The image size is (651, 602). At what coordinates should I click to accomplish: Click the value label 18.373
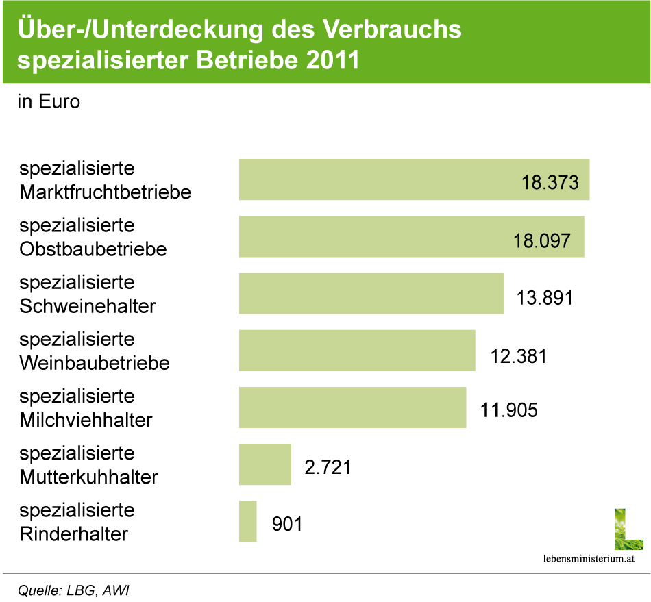[550, 184]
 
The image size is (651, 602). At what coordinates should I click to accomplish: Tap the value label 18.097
[541, 240]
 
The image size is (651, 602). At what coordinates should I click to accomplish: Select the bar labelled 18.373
[377, 179]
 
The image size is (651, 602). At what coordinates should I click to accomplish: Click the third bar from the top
[371, 294]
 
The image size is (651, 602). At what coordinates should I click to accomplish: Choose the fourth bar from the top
[357, 351]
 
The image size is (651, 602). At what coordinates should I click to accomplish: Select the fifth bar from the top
[353, 407]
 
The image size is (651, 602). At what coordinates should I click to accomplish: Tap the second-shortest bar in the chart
[265, 464]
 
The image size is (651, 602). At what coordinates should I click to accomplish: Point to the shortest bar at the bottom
[248, 521]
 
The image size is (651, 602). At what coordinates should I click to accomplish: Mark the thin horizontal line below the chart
[325, 573]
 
